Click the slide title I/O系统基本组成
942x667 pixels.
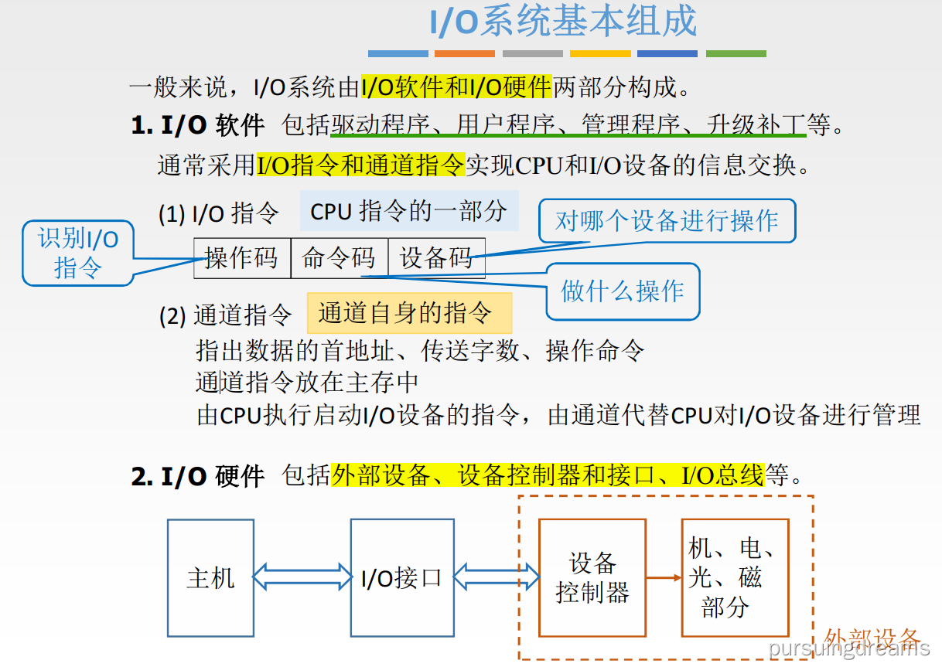[563, 22]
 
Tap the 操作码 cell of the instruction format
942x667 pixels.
[242, 258]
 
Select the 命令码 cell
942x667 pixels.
[339, 258]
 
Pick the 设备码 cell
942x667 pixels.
[436, 258]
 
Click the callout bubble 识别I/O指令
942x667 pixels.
[78, 253]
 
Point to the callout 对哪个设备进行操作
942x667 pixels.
[666, 221]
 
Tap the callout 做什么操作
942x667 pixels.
[623, 291]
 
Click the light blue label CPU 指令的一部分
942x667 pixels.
[409, 211]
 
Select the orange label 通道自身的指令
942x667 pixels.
[409, 313]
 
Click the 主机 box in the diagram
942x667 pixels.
[210, 577]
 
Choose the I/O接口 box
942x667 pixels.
[401, 577]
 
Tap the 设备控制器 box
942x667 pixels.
[592, 577]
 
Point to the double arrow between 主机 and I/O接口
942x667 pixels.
[302, 577]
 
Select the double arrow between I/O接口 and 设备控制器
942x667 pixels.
[496, 577]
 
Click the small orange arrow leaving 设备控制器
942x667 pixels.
[663, 577]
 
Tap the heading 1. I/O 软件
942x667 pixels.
[198, 125]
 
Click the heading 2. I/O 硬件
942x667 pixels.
[198, 476]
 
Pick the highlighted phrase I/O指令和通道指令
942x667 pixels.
[360, 165]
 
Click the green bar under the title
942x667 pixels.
[736, 54]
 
